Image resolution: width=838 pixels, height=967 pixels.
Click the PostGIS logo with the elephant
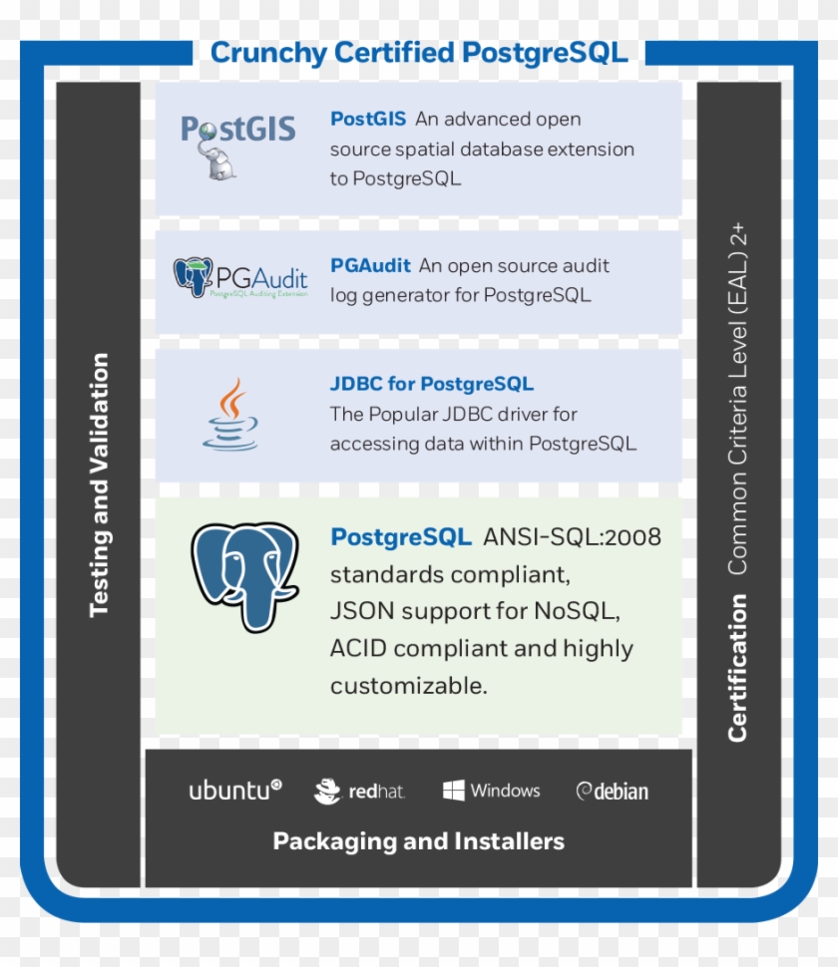[x=237, y=144]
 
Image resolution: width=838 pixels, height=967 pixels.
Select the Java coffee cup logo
[x=231, y=414]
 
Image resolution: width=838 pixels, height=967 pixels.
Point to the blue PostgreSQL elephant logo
[x=244, y=575]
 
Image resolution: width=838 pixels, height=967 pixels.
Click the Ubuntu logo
[x=235, y=791]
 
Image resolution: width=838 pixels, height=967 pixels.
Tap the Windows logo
[x=492, y=791]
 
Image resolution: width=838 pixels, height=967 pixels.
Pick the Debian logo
[x=613, y=792]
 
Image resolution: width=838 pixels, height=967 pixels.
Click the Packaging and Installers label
[x=419, y=841]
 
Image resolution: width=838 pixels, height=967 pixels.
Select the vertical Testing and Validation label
[x=99, y=484]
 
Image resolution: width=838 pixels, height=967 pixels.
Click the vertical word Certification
[x=737, y=668]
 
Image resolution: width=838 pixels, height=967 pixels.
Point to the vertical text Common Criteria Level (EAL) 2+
[x=737, y=399]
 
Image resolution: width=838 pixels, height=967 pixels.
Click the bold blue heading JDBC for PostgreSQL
[x=432, y=384]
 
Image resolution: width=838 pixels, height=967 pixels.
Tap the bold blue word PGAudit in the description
[x=370, y=266]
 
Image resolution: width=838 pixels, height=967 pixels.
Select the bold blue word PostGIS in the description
[x=368, y=119]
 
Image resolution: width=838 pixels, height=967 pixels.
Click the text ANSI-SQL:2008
[x=572, y=537]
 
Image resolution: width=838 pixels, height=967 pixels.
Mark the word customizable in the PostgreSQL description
[x=408, y=686]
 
